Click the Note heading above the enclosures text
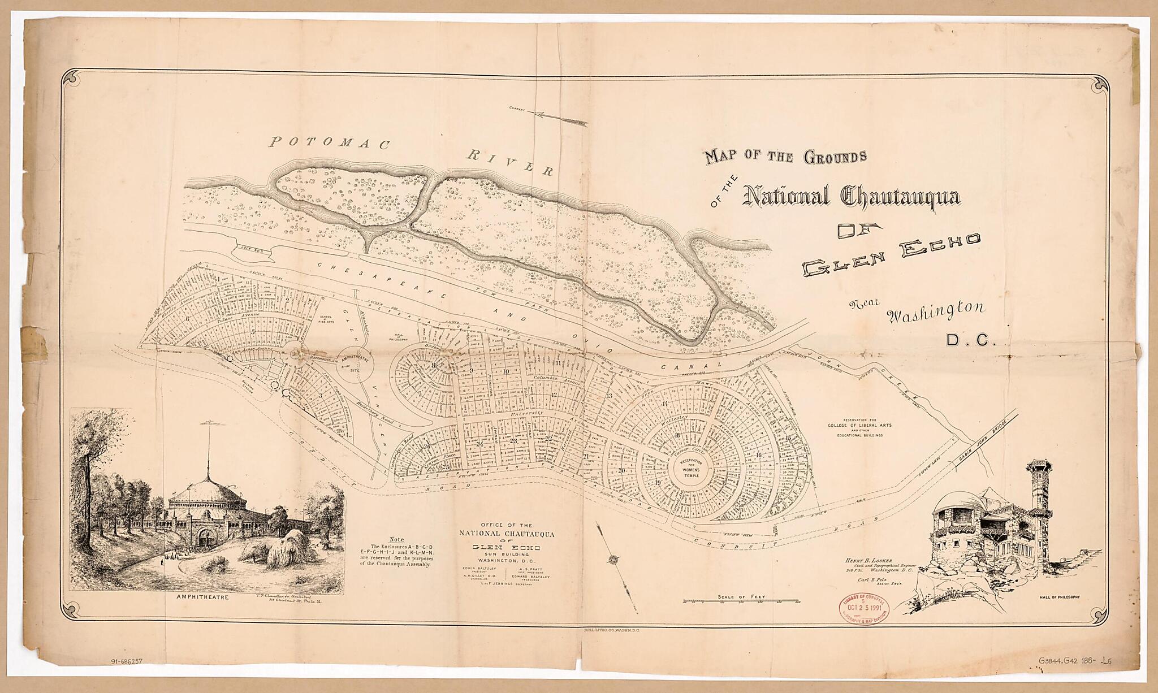(x=397, y=539)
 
